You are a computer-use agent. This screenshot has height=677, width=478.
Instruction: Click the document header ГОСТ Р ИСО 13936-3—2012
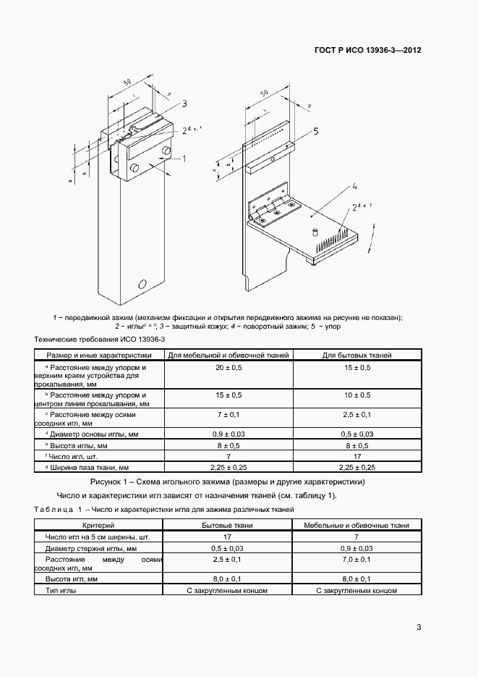(368, 51)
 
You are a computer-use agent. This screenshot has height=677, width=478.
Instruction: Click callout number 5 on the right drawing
(316, 131)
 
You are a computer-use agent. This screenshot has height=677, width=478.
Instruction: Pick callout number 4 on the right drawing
(355, 188)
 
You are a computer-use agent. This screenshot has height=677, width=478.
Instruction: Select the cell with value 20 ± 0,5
(229, 369)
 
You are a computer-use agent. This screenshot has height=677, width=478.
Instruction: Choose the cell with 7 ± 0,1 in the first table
(229, 414)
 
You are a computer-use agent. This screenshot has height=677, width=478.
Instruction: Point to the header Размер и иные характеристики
(99, 356)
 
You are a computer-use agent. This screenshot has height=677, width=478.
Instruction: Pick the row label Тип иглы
(61, 590)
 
